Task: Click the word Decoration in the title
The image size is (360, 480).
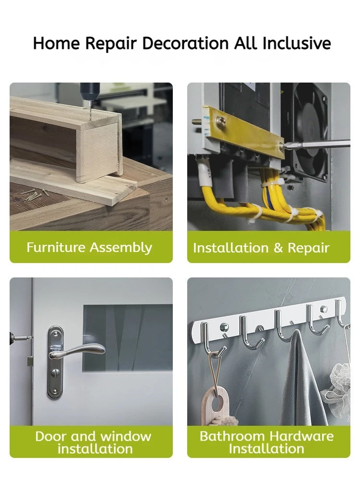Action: coord(185,43)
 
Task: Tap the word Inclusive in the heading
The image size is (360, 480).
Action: coord(297,43)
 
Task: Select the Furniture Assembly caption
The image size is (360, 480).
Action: coord(89,247)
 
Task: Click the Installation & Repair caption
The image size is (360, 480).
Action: coord(261,248)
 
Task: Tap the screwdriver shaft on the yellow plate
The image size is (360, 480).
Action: coord(317,144)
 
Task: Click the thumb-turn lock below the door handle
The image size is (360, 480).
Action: coord(55,372)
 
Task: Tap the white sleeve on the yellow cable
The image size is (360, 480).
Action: coord(205,174)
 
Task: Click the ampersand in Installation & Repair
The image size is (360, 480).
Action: coord(278,248)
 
